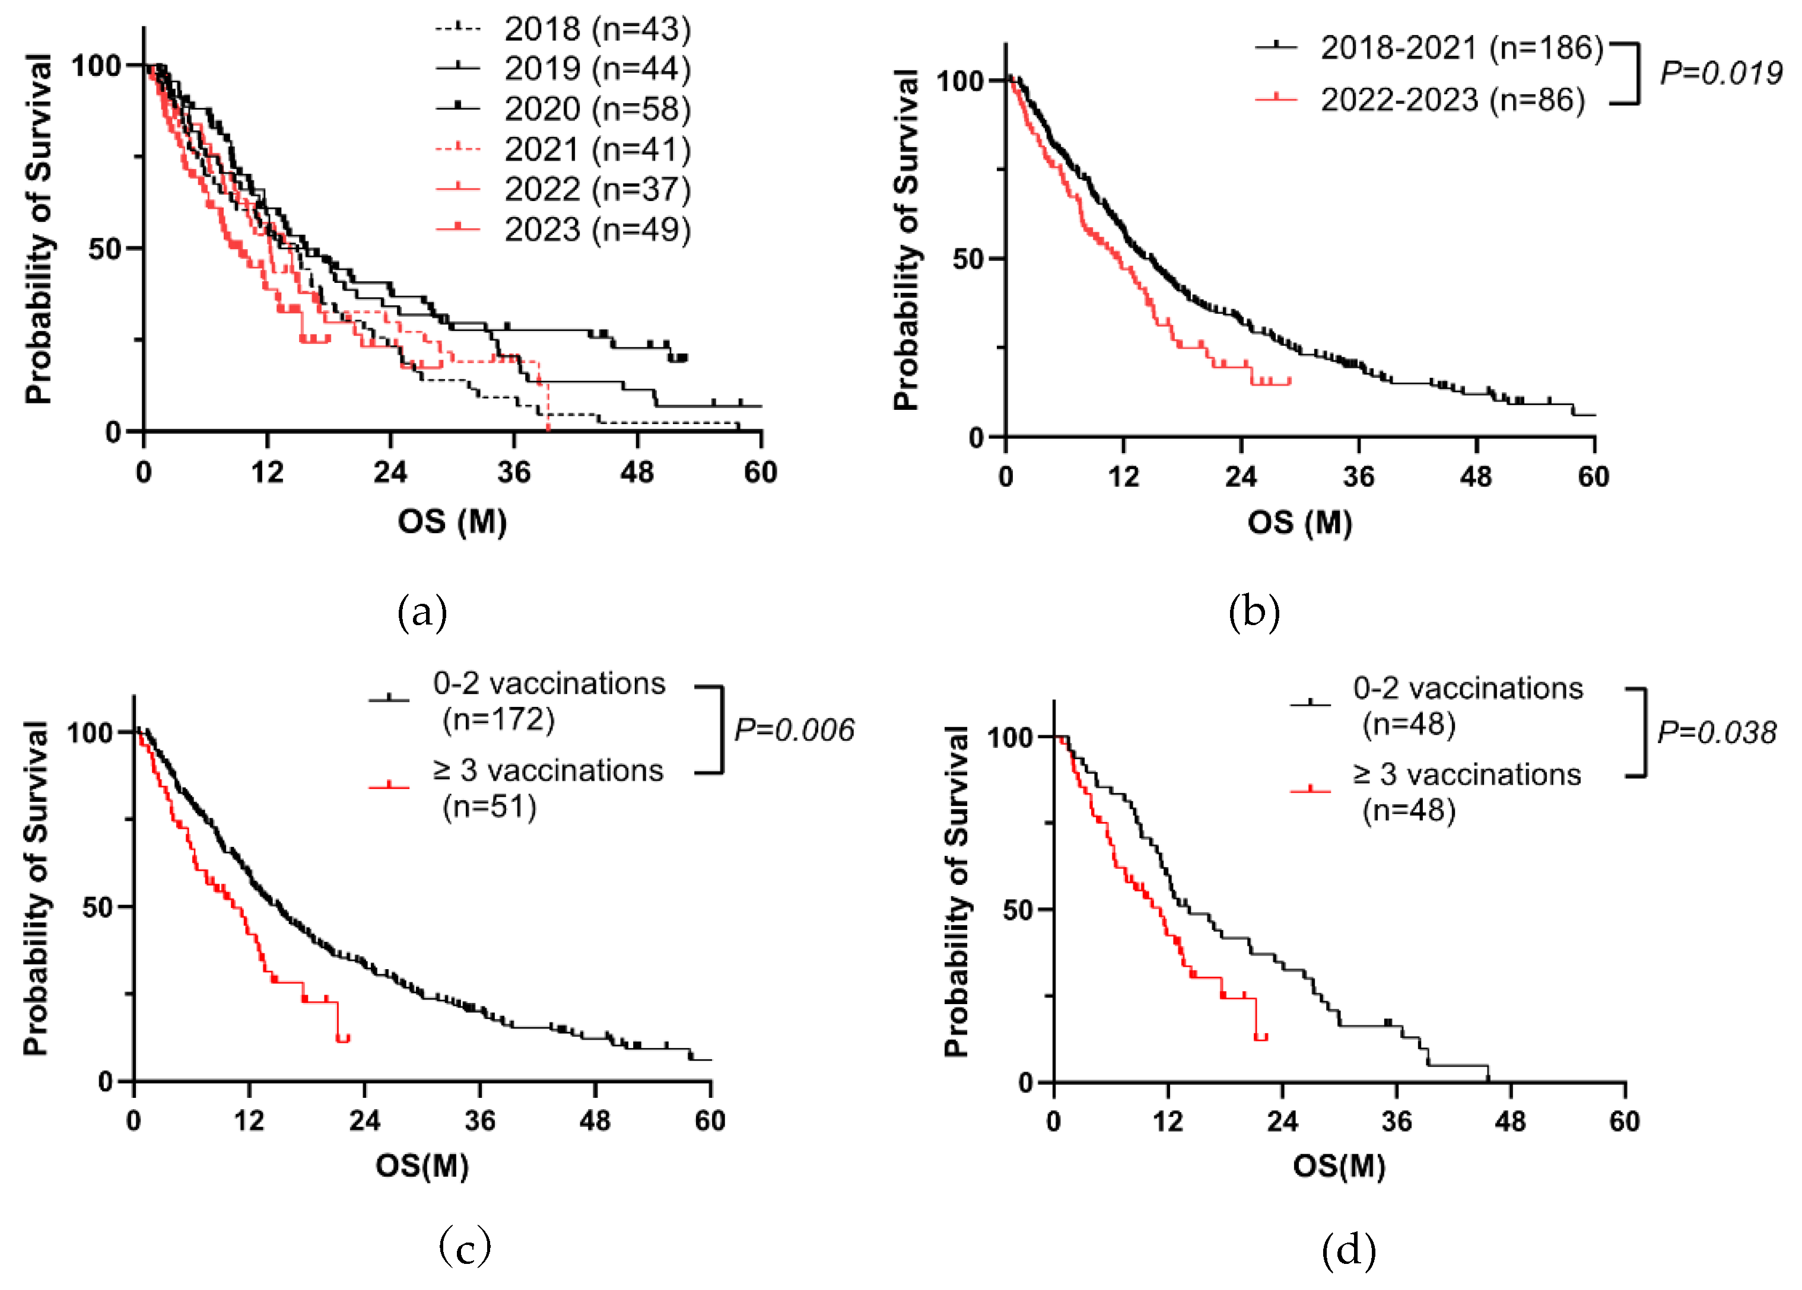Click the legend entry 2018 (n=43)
598,30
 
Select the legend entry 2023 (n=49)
598,230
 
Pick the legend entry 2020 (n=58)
598,109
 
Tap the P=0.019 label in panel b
1721,73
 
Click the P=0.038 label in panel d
1716,732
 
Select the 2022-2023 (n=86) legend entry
1453,100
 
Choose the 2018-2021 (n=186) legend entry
1462,49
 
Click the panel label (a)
422,613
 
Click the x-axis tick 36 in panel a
514,473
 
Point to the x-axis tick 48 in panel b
1476,477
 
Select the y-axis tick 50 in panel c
98,907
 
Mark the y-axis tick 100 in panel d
1009,737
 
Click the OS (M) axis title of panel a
452,522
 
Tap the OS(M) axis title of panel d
1339,1166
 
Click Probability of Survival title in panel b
907,238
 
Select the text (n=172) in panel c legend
498,719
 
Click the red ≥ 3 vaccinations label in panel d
1467,775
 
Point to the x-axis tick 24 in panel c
364,1121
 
